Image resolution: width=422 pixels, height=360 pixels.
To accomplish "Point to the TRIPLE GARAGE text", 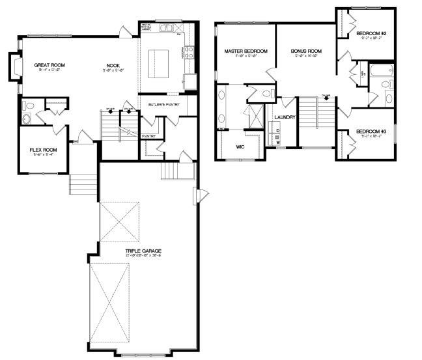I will [x=144, y=250].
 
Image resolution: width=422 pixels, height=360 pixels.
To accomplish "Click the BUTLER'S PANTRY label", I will [x=162, y=104].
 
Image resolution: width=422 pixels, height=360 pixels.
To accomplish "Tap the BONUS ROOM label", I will [x=307, y=51].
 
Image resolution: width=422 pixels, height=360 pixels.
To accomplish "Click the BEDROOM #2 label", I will [x=375, y=33].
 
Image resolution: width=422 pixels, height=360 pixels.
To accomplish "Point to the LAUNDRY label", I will [x=285, y=117].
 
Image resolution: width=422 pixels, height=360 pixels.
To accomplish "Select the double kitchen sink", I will [x=167, y=28].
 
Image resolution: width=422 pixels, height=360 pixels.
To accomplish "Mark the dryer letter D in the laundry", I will [x=277, y=131].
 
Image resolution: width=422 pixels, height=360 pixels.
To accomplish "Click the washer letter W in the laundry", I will [x=277, y=143].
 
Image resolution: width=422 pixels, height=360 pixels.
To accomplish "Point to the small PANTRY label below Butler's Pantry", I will [x=147, y=136].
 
